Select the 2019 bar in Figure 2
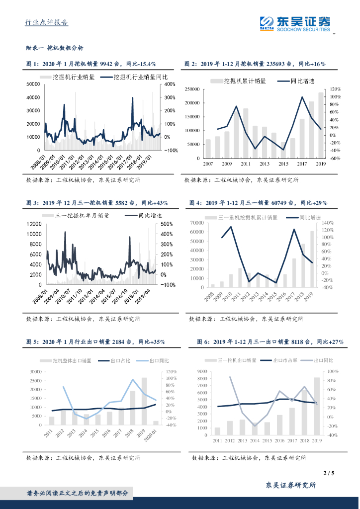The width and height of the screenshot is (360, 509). pos(321,125)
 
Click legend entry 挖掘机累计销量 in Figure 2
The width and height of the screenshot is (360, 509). pos(241,80)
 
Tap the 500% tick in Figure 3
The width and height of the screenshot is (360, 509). pos(166,224)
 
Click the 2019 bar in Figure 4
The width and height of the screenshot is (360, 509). pos(312,259)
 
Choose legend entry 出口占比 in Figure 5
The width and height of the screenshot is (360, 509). pos(117,360)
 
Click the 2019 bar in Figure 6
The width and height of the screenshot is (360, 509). pos(317,406)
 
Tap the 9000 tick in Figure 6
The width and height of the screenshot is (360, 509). pos(201,371)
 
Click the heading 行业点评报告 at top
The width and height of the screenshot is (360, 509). pos(46,22)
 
